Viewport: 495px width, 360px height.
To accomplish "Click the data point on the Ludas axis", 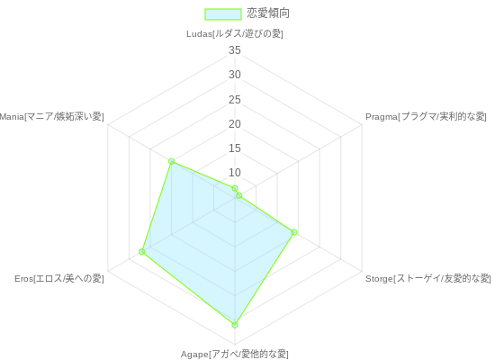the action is coord(235,188).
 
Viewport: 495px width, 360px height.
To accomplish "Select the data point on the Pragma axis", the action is coord(239,196).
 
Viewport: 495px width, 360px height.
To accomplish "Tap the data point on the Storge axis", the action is coord(294,232).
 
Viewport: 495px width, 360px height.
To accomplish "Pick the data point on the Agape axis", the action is coord(235,325).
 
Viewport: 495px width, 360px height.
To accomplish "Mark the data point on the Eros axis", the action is coord(141,252).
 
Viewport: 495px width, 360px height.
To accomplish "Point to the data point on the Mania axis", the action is coord(171,161).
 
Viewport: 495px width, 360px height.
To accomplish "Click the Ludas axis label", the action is coord(235,34).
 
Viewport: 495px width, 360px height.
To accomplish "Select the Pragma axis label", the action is coord(426,116).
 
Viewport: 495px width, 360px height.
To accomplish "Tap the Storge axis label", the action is coord(428,278).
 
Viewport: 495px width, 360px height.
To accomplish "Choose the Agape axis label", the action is coord(235,354).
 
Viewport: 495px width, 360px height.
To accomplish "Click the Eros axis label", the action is coord(59,278).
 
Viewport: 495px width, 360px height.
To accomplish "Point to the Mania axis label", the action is coord(51,116).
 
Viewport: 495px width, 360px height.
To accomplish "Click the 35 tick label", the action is coord(235,50).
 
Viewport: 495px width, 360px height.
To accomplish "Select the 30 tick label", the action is coord(235,75).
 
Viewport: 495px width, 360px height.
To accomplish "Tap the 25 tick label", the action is coord(235,100).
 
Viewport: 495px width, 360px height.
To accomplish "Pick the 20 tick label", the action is coord(235,124).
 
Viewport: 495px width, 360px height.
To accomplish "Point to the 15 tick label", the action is coord(235,148).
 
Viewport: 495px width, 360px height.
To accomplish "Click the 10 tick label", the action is coord(235,173).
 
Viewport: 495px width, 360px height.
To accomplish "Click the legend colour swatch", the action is coord(223,14).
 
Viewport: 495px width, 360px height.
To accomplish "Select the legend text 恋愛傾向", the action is coord(268,13).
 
